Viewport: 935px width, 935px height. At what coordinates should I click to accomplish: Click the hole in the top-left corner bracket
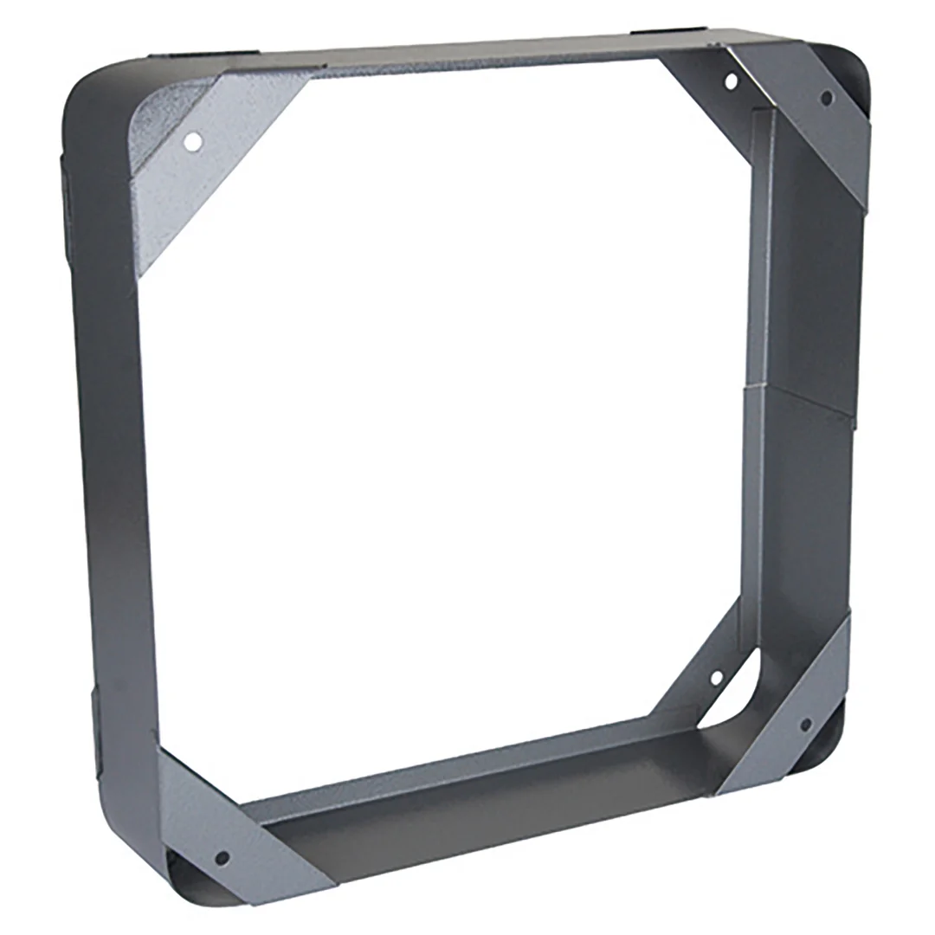[x=194, y=140]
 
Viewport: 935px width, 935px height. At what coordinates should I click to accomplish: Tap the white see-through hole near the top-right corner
[x=731, y=81]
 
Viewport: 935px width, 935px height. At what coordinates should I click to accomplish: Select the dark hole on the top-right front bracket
[x=827, y=98]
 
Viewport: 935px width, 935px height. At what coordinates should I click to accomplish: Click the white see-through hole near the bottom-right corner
[x=717, y=677]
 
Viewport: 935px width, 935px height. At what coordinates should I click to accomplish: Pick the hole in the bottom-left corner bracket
[x=222, y=857]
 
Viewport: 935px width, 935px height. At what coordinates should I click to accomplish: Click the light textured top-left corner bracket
[x=199, y=164]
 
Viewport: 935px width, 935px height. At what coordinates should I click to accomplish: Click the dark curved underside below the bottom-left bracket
[x=186, y=874]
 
